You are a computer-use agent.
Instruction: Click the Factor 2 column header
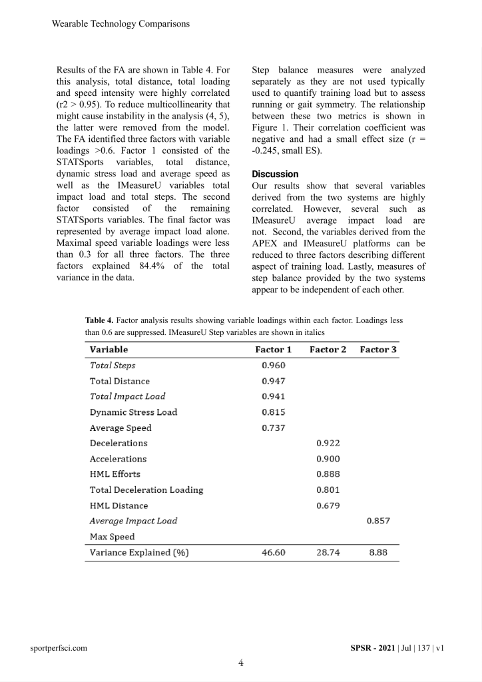[x=328, y=350]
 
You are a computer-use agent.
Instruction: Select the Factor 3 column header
[x=378, y=350]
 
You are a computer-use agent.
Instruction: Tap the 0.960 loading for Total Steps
[x=274, y=366]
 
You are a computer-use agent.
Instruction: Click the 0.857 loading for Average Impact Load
[x=378, y=521]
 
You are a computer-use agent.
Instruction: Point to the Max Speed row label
[x=112, y=537]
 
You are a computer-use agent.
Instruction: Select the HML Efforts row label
[x=115, y=474]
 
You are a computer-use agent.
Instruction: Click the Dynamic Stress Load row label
[x=133, y=412]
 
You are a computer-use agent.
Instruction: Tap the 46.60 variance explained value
[x=274, y=553]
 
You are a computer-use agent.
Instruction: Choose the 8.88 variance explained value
[x=378, y=553]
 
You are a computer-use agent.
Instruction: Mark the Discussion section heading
[x=276, y=174]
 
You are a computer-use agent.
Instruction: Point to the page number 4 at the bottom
[x=241, y=663]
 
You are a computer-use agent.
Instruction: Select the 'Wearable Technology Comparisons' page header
[x=120, y=24]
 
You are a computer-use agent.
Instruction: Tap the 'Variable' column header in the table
[x=109, y=350]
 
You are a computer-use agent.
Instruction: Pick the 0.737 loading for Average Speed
[x=274, y=428]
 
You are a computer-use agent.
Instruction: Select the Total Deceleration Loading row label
[x=146, y=490]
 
